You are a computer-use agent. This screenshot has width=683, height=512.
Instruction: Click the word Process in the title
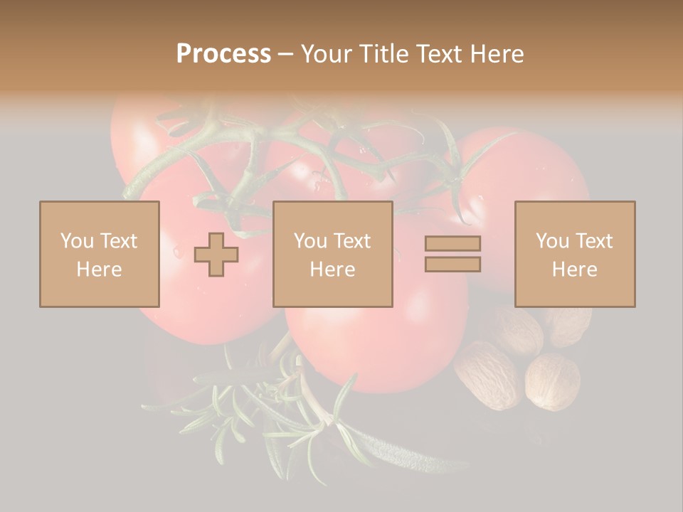223,54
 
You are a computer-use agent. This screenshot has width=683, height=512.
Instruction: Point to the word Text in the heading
440,54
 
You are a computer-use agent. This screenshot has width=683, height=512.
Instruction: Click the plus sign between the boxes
216,255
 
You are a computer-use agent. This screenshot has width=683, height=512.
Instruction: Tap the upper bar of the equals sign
452,243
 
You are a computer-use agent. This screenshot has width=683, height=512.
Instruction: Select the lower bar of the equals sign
452,265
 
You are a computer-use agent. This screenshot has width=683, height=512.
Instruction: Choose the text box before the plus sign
99,254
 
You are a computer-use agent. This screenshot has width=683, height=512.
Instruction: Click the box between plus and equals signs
332,254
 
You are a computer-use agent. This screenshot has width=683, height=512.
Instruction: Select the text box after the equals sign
574,254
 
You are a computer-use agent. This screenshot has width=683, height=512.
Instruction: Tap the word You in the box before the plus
77,241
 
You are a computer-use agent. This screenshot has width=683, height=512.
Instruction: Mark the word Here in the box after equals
574,269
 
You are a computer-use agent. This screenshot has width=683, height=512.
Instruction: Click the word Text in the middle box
352,241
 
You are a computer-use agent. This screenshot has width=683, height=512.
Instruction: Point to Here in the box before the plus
99,269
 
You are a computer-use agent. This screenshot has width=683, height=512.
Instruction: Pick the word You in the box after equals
552,241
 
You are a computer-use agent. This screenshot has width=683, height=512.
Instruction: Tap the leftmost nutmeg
486,375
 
